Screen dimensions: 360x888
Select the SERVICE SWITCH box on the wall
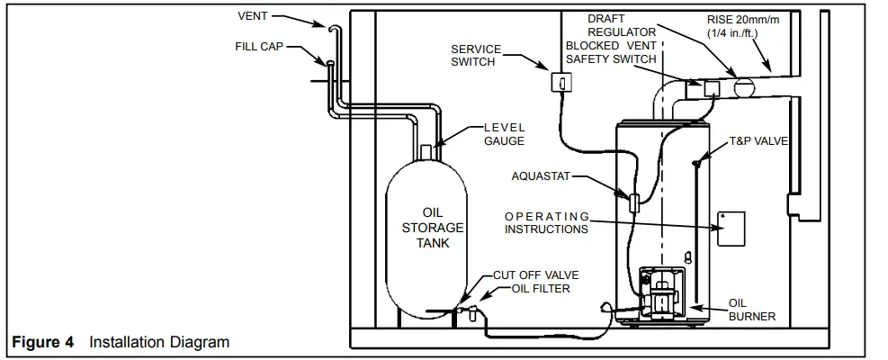click(x=561, y=83)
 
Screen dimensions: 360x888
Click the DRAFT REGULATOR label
click(x=622, y=25)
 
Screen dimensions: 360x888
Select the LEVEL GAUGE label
click(x=504, y=134)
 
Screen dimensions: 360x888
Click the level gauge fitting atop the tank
click(x=427, y=150)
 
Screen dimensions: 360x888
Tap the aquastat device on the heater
click(x=633, y=202)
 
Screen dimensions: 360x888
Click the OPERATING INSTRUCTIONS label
click(x=546, y=222)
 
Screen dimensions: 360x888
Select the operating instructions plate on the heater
click(x=731, y=229)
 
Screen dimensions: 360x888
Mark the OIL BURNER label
click(x=751, y=310)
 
